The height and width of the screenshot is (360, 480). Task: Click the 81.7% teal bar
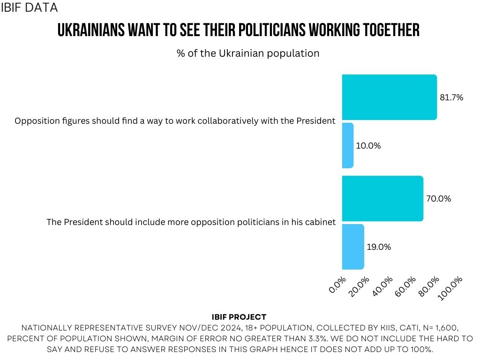click(389, 97)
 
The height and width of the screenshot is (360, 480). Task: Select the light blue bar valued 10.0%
click(347, 145)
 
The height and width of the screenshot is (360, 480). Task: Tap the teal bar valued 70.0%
click(382, 198)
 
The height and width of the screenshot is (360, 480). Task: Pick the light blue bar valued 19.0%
click(352, 247)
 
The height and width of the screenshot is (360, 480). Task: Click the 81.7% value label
click(451, 97)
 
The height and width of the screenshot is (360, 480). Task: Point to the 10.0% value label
click(368, 146)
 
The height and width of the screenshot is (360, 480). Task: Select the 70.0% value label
click(438, 199)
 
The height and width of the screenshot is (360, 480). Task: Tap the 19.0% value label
click(379, 247)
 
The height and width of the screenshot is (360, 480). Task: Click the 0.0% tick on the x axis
click(338, 285)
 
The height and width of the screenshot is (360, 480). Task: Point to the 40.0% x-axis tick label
click(383, 285)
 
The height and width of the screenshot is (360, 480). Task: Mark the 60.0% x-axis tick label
click(406, 285)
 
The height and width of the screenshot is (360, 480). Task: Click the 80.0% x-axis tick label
click(429, 285)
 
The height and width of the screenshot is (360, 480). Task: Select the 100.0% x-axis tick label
click(450, 287)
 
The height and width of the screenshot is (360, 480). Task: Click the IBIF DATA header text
click(30, 7)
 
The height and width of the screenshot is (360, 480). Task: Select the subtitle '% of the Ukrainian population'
click(248, 53)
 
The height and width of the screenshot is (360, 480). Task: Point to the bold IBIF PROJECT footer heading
click(239, 317)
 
